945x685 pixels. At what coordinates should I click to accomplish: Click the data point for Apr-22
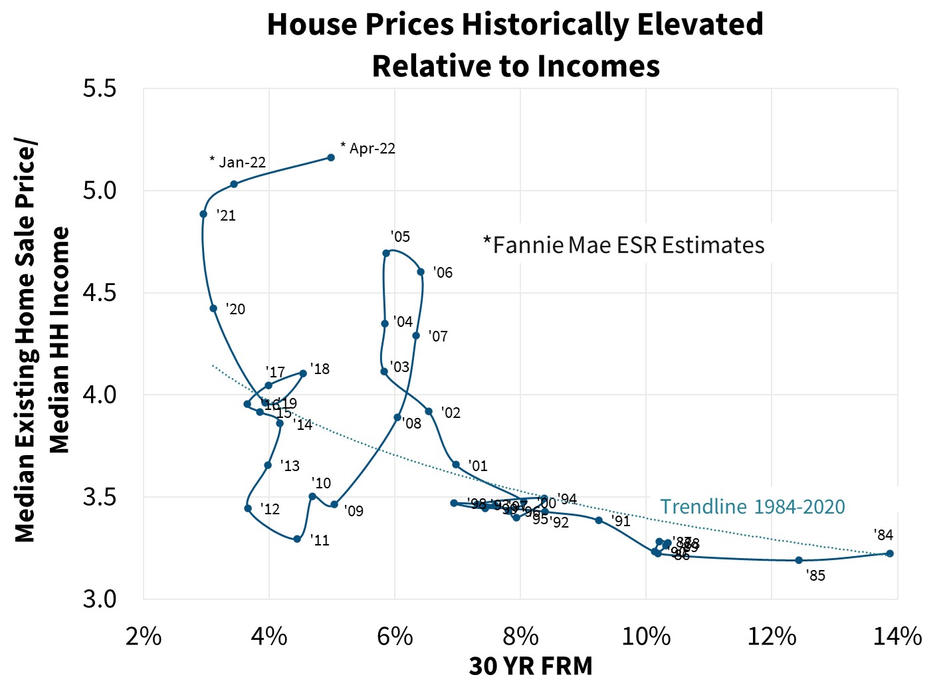click(x=331, y=157)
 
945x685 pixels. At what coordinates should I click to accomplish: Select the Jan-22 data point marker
click(x=234, y=184)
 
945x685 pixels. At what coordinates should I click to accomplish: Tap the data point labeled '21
click(x=203, y=214)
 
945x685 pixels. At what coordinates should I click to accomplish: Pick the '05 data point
click(x=386, y=253)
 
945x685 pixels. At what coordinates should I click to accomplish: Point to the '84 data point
click(x=890, y=553)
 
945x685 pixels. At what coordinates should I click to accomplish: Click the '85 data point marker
click(x=799, y=560)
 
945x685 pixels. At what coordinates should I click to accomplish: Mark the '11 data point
click(x=297, y=539)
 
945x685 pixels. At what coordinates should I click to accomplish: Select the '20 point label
click(x=235, y=309)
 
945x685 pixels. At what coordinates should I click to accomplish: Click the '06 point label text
click(x=443, y=272)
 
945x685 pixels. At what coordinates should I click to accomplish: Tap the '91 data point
click(x=599, y=520)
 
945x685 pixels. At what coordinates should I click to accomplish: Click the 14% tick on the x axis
click(x=898, y=636)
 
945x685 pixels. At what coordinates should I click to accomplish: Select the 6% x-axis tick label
click(x=395, y=636)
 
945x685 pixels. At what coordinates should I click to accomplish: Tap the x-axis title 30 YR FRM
click(x=530, y=666)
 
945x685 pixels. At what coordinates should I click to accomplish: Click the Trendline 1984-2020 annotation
click(x=752, y=506)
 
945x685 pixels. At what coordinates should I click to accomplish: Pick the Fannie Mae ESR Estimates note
click(x=623, y=245)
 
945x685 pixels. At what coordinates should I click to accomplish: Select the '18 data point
click(x=303, y=373)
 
